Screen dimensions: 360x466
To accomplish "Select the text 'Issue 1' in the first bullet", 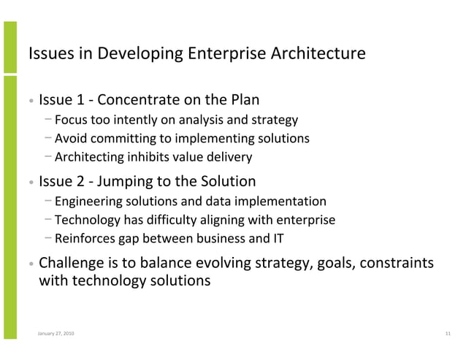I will tap(61, 100).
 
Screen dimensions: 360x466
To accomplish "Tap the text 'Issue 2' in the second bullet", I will tap(61, 181).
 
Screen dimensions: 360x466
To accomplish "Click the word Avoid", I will tap(70, 139).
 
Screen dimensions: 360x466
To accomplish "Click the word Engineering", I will tap(87, 202).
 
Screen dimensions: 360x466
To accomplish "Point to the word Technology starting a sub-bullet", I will tap(85, 220).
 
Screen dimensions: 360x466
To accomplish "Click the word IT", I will tap(278, 238).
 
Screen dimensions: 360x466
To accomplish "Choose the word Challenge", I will tap(72, 262).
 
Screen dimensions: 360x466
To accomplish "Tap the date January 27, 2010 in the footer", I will tap(55, 334).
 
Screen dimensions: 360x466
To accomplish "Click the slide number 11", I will tap(447, 334).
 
